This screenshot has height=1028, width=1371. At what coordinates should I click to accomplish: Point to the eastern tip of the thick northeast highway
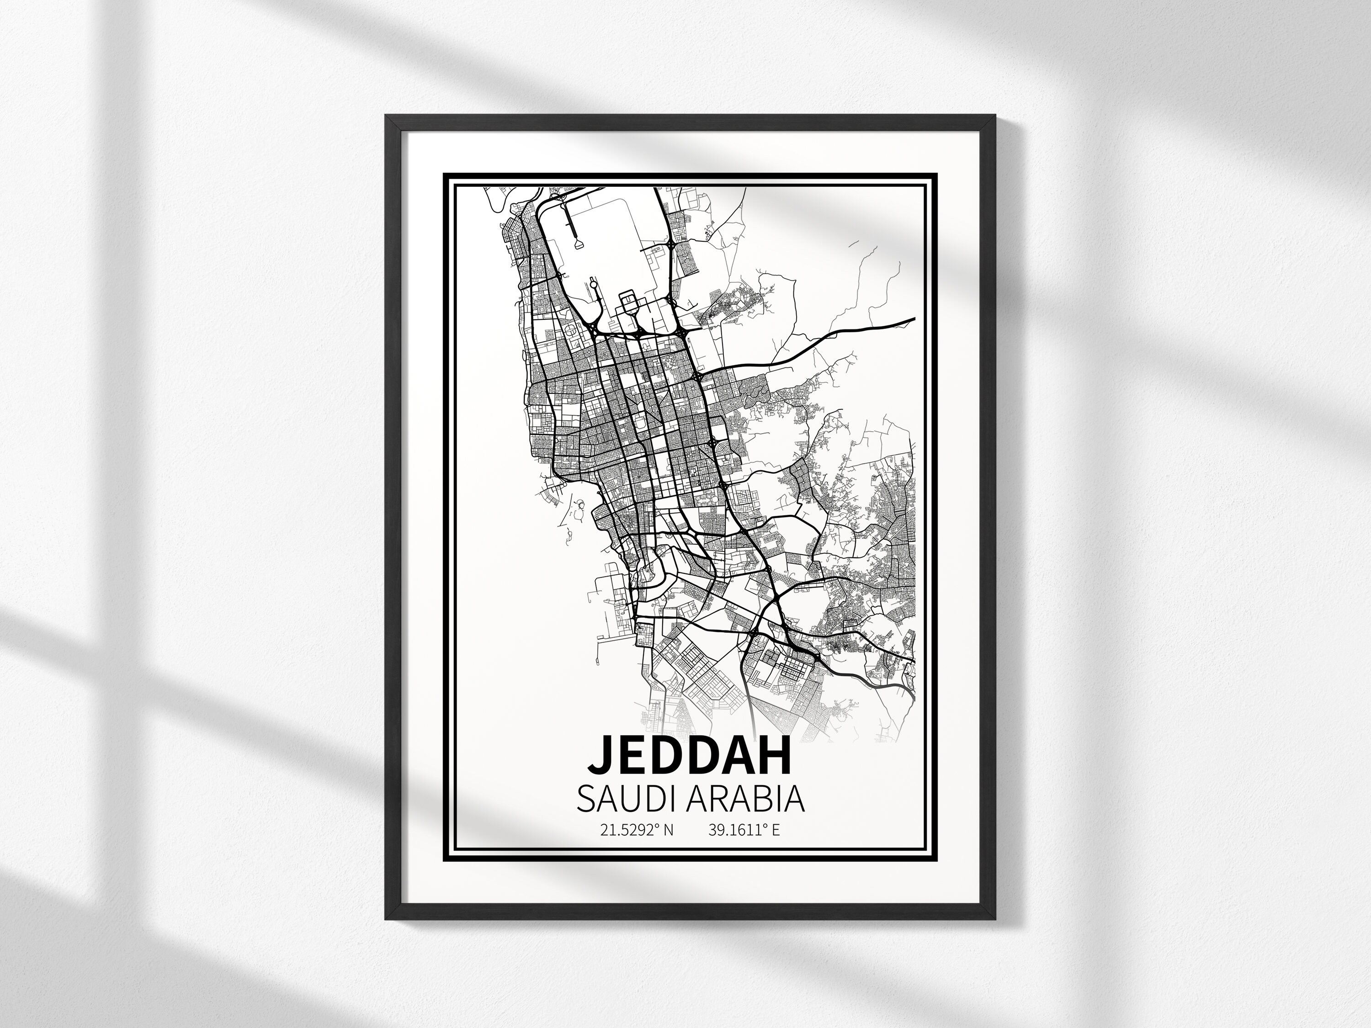click(914, 320)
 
